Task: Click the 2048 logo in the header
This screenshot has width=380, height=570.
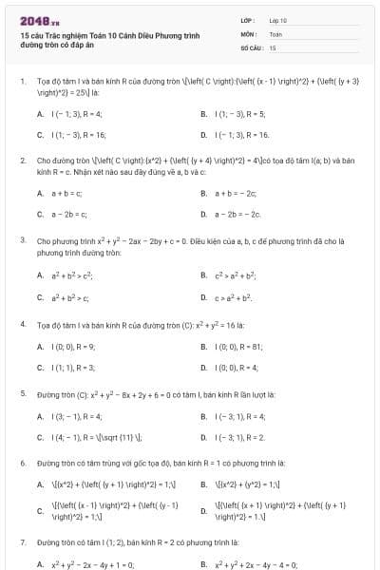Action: tap(34, 20)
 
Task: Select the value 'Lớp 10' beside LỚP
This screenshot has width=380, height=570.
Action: tap(278, 20)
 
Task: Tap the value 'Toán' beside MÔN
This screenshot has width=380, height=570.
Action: tap(275, 33)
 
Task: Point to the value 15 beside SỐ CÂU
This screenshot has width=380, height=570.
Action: tap(273, 47)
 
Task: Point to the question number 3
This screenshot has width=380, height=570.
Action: tap(23, 241)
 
